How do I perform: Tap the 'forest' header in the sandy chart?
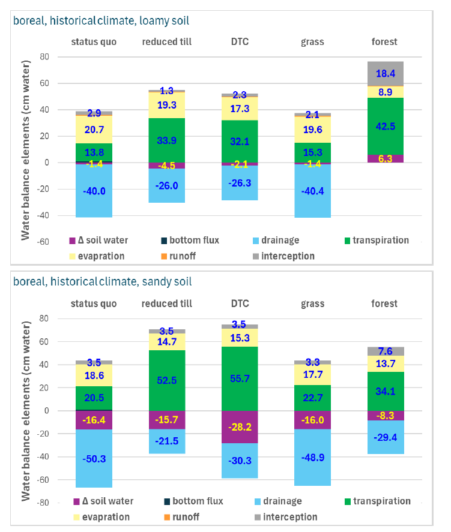pos(384,303)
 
